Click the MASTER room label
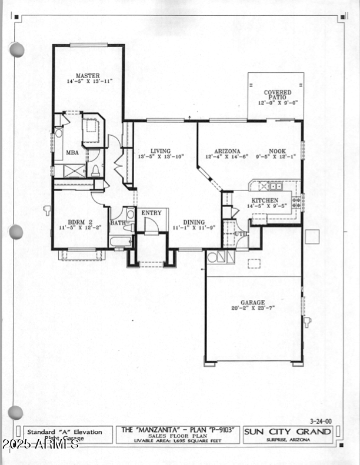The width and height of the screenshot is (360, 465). [87, 75]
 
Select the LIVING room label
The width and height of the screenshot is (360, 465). [160, 150]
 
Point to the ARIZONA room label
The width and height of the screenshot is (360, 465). [227, 150]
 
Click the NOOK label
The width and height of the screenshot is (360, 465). [278, 150]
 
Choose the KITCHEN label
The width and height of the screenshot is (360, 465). [264, 200]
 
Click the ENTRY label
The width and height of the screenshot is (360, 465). [151, 213]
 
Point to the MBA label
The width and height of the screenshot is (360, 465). [72, 152]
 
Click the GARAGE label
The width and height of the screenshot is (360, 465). [252, 302]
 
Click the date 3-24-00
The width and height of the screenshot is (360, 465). [321, 421]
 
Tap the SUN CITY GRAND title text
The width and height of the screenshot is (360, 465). [288, 432]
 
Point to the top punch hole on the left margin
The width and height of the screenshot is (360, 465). [16, 50]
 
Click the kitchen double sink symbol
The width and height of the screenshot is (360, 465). [275, 186]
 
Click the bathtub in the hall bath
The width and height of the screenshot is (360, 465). [121, 242]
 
